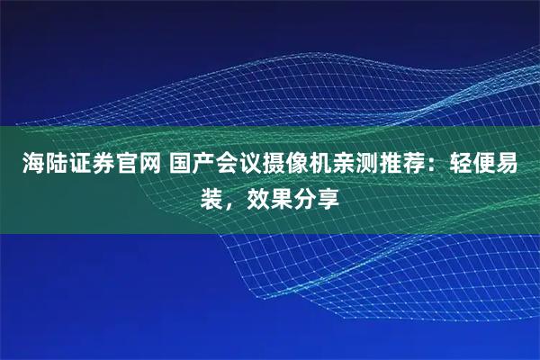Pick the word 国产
point(187,165)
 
